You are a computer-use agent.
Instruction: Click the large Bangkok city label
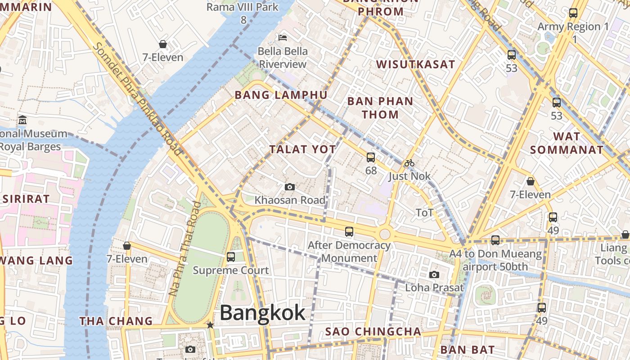click(262, 313)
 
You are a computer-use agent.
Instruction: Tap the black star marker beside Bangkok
click(210, 325)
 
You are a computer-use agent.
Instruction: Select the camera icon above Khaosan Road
click(290, 187)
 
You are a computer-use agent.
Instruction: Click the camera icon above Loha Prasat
click(434, 274)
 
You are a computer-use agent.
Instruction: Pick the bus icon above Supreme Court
click(231, 257)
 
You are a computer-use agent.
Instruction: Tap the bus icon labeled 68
click(371, 157)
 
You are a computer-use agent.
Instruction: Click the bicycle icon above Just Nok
click(409, 163)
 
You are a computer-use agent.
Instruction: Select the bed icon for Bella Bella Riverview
click(283, 37)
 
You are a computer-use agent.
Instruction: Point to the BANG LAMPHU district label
click(281, 95)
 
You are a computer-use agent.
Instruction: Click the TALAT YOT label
click(302, 149)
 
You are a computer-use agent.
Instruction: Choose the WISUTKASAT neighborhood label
click(416, 64)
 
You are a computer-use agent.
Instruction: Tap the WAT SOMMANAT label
click(567, 143)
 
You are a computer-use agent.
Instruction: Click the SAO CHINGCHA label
click(373, 332)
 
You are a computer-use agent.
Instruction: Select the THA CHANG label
click(116, 321)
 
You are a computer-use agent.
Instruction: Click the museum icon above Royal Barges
click(22, 120)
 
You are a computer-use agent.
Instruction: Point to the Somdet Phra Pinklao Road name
click(137, 99)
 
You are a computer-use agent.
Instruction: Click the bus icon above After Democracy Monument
click(349, 232)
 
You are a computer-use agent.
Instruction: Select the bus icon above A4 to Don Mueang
click(495, 240)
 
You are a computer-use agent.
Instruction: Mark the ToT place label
click(424, 212)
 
